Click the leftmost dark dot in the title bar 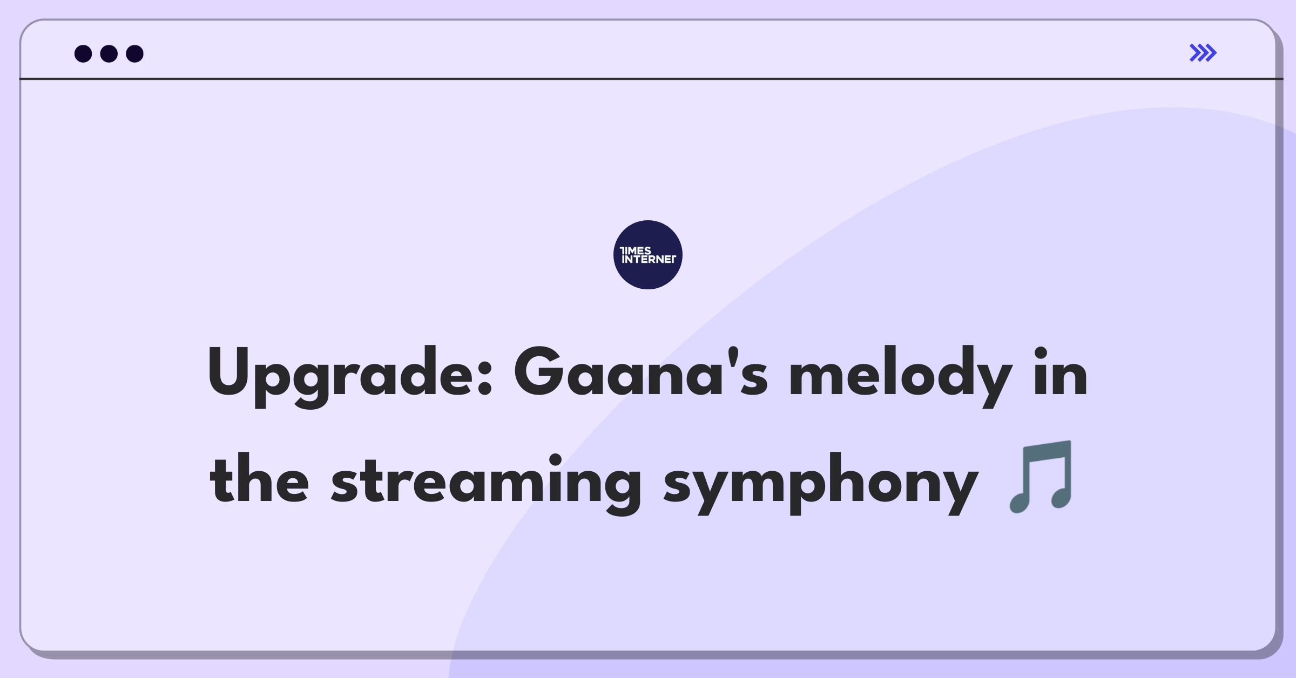pyautogui.click(x=83, y=53)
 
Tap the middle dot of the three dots pyautogui.click(x=109, y=53)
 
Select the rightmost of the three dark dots pyautogui.click(x=135, y=53)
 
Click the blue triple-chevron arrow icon pyautogui.click(x=1203, y=53)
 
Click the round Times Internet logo pyautogui.click(x=648, y=255)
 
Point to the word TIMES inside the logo pyautogui.click(x=636, y=250)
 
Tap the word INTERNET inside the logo pyautogui.click(x=649, y=259)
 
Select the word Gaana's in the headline pyautogui.click(x=640, y=372)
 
